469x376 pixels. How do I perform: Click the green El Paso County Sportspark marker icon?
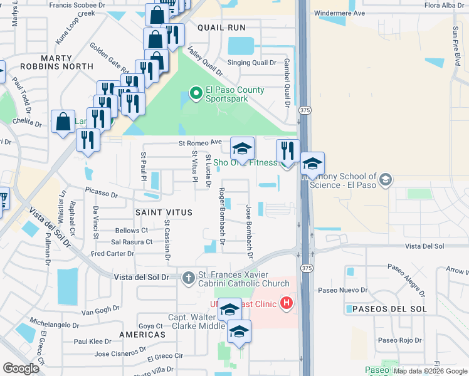[196, 94]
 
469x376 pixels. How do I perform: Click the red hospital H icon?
[287, 304]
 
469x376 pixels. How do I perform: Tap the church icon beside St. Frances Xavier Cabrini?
[188, 277]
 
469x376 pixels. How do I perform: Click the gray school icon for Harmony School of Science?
[385, 180]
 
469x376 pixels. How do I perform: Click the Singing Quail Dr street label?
[251, 63]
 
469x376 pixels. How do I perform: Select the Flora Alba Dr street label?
[445, 5]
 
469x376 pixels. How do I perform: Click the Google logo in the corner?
[21, 368]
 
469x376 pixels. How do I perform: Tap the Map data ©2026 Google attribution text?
[430, 371]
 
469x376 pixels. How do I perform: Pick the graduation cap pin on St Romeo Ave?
[242, 149]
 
